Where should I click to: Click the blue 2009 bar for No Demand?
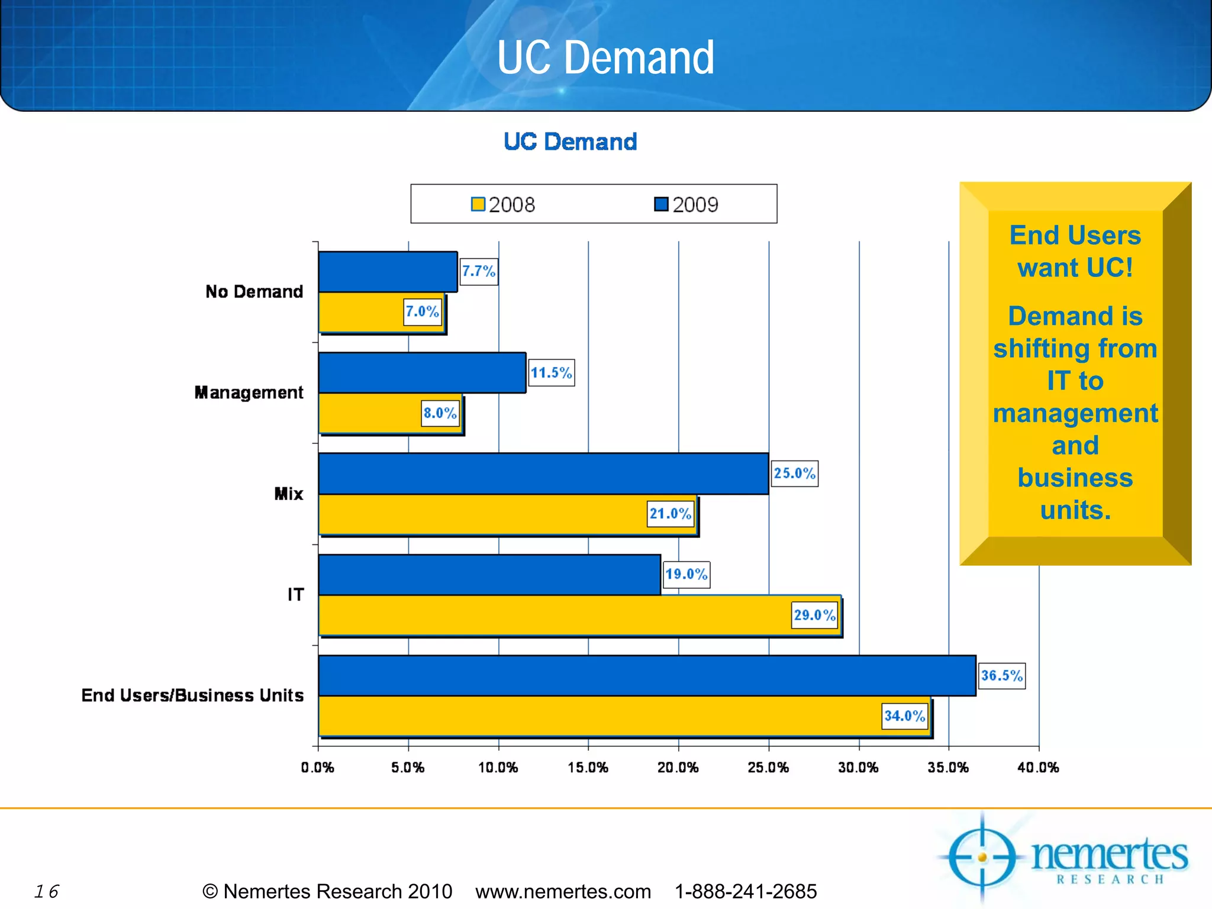(388, 272)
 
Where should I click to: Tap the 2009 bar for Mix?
(543, 473)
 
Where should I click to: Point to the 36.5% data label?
(1001, 676)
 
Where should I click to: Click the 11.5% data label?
(551, 373)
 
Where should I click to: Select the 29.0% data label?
(814, 615)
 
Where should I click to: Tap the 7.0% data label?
(423, 312)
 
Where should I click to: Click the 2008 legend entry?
(503, 205)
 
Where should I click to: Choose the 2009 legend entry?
(686, 205)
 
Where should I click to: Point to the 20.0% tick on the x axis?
(678, 768)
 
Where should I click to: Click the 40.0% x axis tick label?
(1038, 768)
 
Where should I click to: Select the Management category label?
(249, 393)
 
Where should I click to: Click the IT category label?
(296, 595)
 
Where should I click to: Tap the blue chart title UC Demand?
(570, 142)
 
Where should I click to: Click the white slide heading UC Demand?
(605, 57)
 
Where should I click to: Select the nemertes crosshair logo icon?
(982, 857)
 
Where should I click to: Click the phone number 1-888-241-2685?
(746, 891)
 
